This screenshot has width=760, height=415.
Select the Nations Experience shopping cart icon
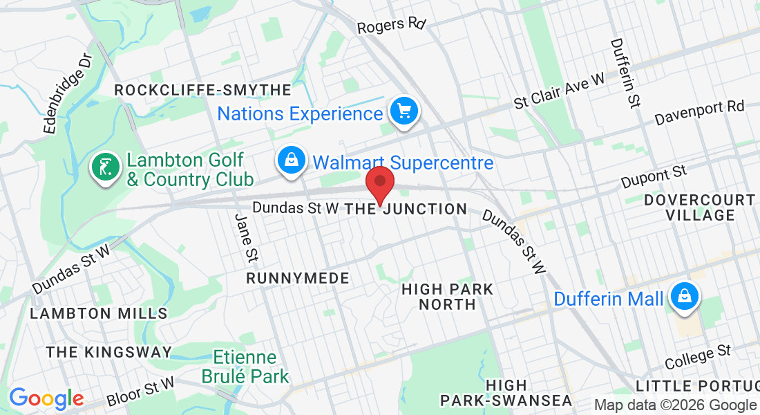(403, 111)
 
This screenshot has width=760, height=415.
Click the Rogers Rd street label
(391, 26)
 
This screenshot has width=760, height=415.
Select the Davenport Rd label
(699, 113)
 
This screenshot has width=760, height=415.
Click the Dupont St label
(652, 176)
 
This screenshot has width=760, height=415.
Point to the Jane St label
(246, 238)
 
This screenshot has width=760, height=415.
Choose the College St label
(697, 358)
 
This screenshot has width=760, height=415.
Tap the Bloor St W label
(142, 391)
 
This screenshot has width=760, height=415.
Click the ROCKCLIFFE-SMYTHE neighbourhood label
(202, 91)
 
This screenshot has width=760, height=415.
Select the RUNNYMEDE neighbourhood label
(298, 278)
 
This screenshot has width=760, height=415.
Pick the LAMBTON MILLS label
(99, 313)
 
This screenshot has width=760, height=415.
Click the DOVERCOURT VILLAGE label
(699, 207)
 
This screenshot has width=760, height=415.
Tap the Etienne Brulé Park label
(245, 367)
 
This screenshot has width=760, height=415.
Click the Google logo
(46, 398)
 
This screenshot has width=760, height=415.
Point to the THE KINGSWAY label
(108, 352)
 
